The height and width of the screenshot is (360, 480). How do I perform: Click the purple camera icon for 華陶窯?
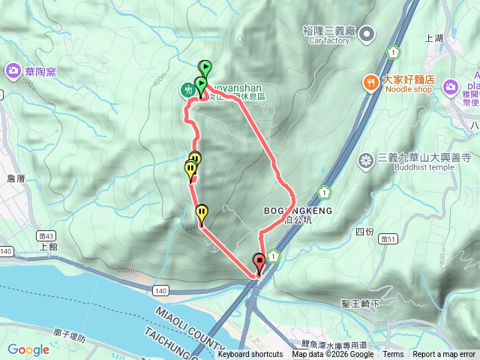click(13, 71)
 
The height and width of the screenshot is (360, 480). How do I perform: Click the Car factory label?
click(328, 40)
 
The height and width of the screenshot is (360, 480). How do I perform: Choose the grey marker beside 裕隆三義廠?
click(367, 33)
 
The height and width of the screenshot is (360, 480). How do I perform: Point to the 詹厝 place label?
click(15, 178)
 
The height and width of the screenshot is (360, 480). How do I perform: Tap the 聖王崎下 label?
click(361, 304)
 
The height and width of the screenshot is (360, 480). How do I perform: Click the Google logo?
click(28, 349)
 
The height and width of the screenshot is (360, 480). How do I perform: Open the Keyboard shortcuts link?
click(250, 355)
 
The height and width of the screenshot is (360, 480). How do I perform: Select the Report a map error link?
click(444, 355)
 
